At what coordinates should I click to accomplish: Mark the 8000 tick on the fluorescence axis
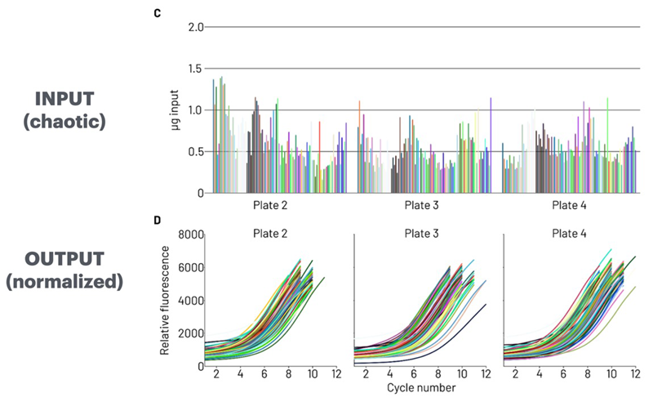tap(187, 235)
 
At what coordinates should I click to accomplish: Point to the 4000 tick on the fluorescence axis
tap(187, 301)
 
